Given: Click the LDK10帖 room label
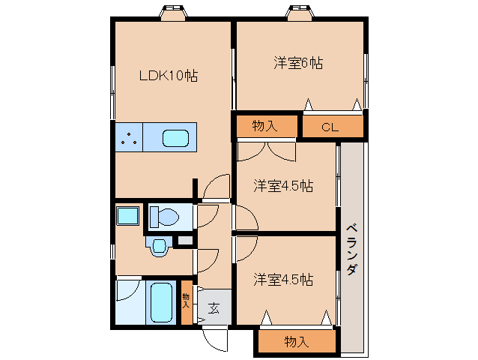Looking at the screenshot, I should [169, 76].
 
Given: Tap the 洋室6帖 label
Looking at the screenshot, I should [298, 64].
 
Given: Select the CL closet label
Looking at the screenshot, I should [330, 127].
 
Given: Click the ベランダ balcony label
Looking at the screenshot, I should [351, 250].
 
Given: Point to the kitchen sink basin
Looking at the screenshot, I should [176, 138].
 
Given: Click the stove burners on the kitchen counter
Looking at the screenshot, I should [129, 138].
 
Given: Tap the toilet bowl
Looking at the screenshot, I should [164, 217].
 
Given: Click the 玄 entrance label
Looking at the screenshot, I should [214, 307].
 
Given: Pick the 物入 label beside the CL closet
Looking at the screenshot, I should [264, 126].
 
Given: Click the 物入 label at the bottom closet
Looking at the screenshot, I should [297, 342].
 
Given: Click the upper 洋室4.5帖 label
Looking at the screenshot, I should [282, 185].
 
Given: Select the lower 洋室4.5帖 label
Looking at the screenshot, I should [282, 280].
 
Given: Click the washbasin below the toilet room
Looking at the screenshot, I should [159, 247].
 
